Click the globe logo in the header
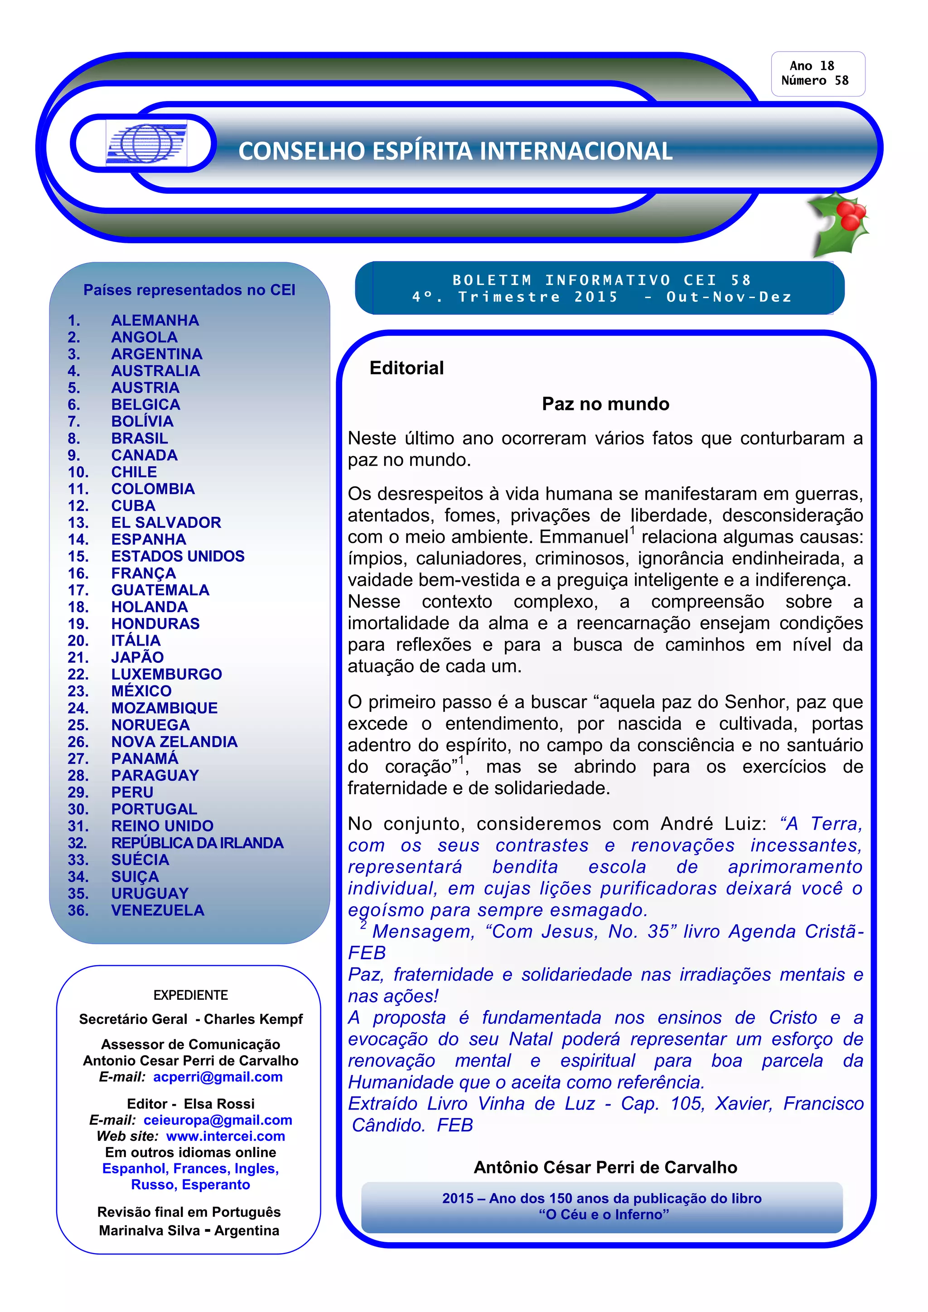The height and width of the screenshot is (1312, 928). coord(146,144)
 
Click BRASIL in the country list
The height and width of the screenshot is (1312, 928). coord(140,438)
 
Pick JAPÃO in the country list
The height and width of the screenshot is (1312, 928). coord(137,657)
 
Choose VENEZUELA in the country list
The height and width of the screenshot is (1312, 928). coord(157,910)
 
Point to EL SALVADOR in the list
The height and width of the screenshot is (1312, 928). coord(166,522)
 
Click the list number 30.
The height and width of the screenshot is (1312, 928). coord(78,809)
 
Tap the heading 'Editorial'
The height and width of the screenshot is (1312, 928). coord(406,368)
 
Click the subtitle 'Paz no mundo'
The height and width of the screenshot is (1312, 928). coord(605,404)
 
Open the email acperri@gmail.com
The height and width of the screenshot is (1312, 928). coord(217,1077)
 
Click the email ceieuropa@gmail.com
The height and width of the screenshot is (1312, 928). coord(217,1120)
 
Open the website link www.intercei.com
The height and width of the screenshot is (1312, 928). coord(225,1136)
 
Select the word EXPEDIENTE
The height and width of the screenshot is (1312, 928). coord(190,995)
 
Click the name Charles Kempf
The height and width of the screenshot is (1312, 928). coord(253,1019)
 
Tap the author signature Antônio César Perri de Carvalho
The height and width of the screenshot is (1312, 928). coord(605,1167)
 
